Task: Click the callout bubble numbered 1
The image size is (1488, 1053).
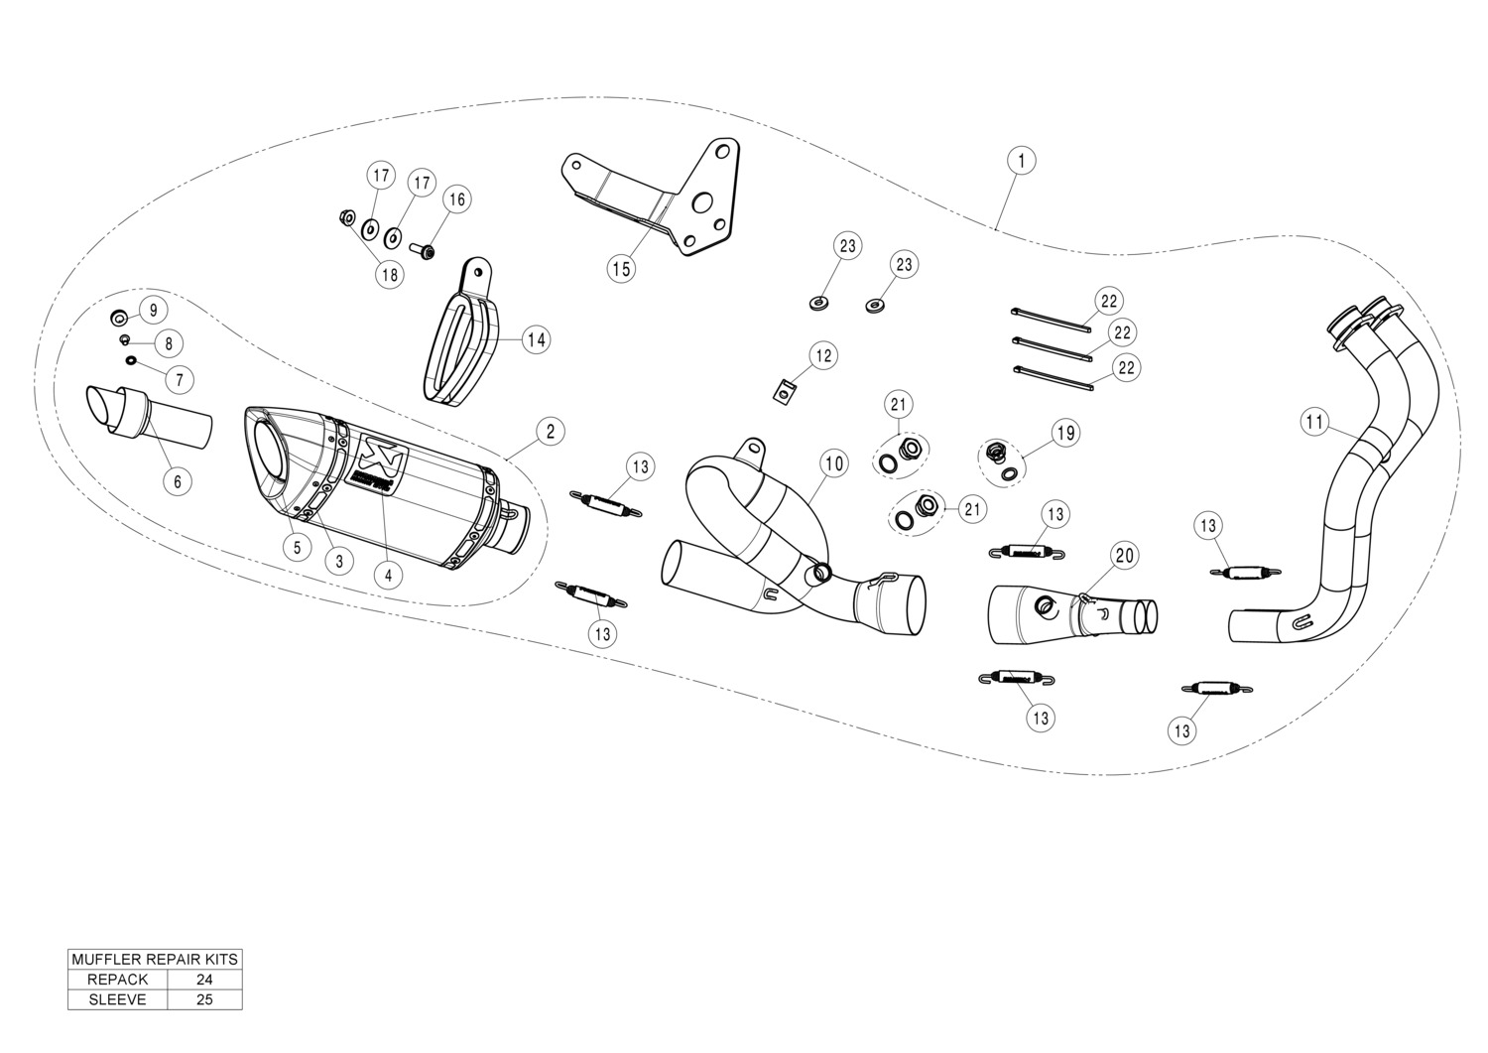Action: click(x=1021, y=160)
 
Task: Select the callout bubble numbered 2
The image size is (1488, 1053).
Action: click(x=551, y=432)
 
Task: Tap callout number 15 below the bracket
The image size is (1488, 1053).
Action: click(x=621, y=269)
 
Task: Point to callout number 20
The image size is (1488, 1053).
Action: click(x=1125, y=555)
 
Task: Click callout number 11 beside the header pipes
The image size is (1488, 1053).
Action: click(x=1314, y=422)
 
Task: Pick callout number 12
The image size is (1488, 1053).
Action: click(x=823, y=355)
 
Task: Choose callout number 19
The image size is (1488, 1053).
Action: click(x=1066, y=434)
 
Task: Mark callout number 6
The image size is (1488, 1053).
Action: click(x=178, y=481)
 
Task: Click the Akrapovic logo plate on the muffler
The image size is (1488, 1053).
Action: click(x=377, y=464)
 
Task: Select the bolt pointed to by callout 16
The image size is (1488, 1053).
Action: click(x=423, y=251)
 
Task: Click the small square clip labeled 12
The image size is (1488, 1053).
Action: click(x=786, y=392)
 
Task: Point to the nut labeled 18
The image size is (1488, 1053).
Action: click(x=346, y=216)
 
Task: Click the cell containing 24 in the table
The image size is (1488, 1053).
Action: click(x=204, y=980)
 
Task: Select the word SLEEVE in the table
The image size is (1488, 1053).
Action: click(x=118, y=999)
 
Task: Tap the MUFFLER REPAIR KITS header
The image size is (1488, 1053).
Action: click(x=155, y=960)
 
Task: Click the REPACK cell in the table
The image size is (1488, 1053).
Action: click(x=118, y=980)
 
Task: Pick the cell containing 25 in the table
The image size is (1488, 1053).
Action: click(x=204, y=999)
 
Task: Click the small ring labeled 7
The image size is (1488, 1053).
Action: click(x=131, y=361)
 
